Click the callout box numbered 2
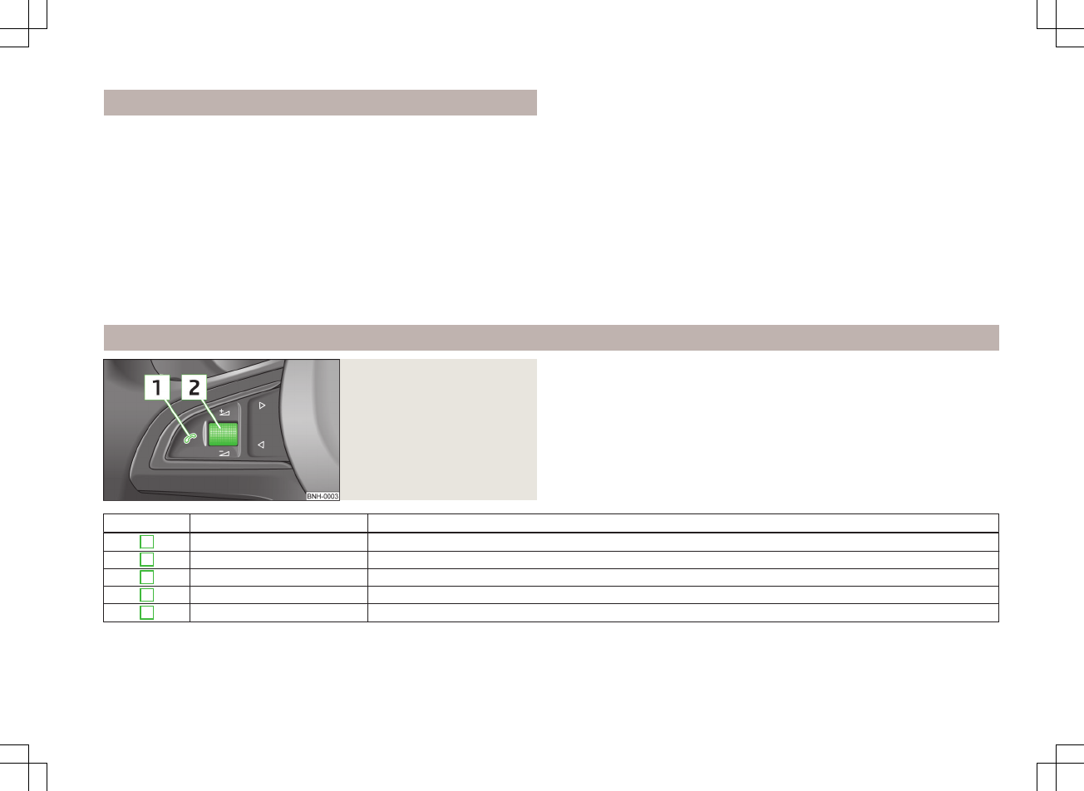tap(194, 388)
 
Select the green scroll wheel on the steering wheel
tap(222, 435)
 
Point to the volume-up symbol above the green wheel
tap(224, 411)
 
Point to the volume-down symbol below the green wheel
tap(224, 454)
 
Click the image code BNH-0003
tap(323, 496)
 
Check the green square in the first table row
tap(147, 542)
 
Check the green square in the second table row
tap(147, 559)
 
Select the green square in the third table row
tap(147, 577)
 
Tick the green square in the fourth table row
tap(147, 595)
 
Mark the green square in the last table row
tap(147, 613)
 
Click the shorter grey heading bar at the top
tap(320, 102)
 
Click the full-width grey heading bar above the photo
tap(550, 338)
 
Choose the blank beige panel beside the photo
tap(439, 429)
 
